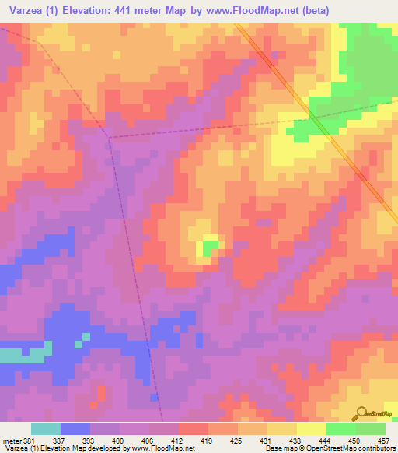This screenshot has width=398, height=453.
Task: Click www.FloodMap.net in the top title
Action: coord(234,10)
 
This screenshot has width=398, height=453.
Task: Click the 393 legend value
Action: coord(89,441)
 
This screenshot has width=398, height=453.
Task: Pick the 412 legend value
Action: coord(178,441)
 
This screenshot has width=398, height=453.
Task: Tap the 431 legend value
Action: coord(267,441)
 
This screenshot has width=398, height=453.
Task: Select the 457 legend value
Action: coord(384,441)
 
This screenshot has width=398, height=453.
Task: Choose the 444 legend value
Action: coord(326,441)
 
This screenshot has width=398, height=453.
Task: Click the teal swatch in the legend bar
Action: coord(46,429)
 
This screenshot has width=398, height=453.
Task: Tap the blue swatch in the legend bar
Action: coord(75,429)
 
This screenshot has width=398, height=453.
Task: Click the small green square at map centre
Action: coord(208,248)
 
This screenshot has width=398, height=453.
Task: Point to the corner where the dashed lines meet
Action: coord(109,138)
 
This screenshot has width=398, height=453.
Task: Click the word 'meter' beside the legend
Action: coord(11,441)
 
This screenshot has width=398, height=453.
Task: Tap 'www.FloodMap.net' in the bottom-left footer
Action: coord(163,449)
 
